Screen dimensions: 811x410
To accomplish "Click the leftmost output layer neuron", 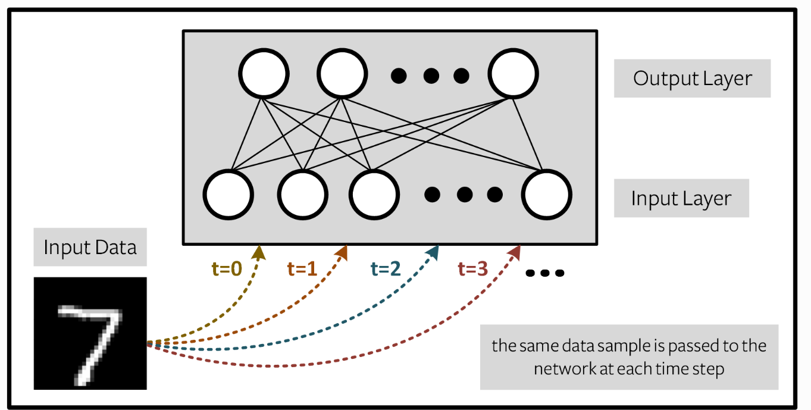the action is pyautogui.click(x=264, y=74).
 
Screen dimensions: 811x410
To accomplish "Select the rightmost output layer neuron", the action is pyautogui.click(x=513, y=74).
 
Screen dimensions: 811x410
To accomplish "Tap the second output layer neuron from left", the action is pyautogui.click(x=342, y=74).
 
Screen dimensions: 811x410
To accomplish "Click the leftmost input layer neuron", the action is pyautogui.click(x=228, y=195).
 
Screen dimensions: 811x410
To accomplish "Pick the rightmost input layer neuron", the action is pyautogui.click(x=546, y=195).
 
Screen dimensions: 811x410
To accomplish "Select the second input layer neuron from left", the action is pyautogui.click(x=303, y=195).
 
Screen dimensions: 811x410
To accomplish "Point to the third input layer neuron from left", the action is pyautogui.click(x=374, y=195).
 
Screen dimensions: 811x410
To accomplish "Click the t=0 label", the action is pyautogui.click(x=227, y=269).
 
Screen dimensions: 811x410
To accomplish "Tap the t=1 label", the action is pyautogui.click(x=302, y=269).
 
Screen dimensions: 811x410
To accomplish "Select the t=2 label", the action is pyautogui.click(x=386, y=269).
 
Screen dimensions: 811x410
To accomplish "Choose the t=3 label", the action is pyautogui.click(x=473, y=269).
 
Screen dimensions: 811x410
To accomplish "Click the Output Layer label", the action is pyautogui.click(x=692, y=78).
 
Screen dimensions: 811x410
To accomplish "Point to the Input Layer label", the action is pyautogui.click(x=681, y=199).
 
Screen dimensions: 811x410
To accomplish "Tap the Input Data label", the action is pyautogui.click(x=90, y=248).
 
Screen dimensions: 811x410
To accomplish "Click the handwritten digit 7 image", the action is pyautogui.click(x=90, y=334).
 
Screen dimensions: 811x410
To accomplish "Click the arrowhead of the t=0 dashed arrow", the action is pyautogui.click(x=259, y=253).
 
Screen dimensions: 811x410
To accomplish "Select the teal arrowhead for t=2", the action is pyautogui.click(x=433, y=252).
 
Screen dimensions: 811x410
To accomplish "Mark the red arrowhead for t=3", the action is pyautogui.click(x=515, y=252).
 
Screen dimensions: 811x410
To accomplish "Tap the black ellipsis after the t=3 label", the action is pyautogui.click(x=544, y=273).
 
